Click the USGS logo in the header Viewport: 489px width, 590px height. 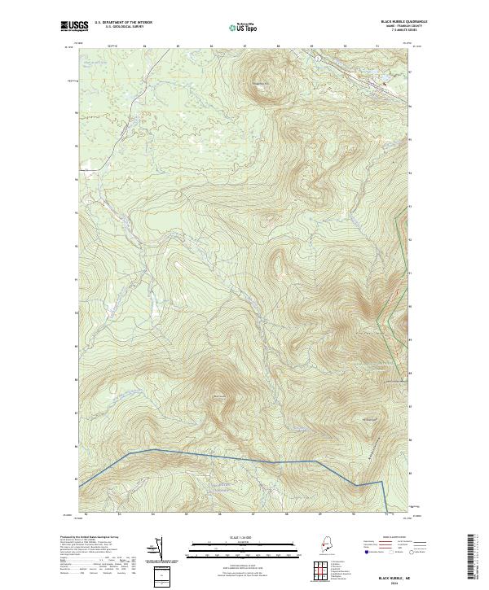(x=70, y=26)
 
